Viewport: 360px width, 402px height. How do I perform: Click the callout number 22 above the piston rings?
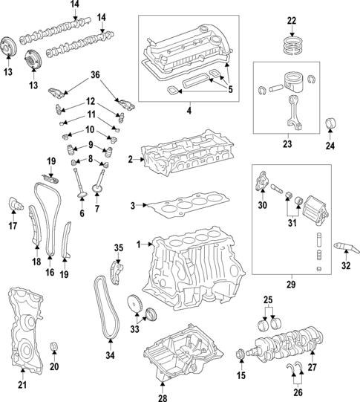pyautogui.click(x=291, y=20)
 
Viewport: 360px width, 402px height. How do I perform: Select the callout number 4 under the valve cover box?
pyautogui.click(x=189, y=111)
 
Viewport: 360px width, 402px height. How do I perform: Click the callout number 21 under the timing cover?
pyautogui.click(x=22, y=384)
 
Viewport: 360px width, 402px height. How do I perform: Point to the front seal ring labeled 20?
pyautogui.click(x=53, y=348)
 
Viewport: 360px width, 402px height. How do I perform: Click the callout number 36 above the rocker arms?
pyautogui.click(x=94, y=74)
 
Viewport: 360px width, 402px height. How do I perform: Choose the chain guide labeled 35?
pyautogui.click(x=115, y=269)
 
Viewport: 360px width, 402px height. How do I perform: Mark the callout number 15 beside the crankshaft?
pyautogui.click(x=239, y=376)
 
